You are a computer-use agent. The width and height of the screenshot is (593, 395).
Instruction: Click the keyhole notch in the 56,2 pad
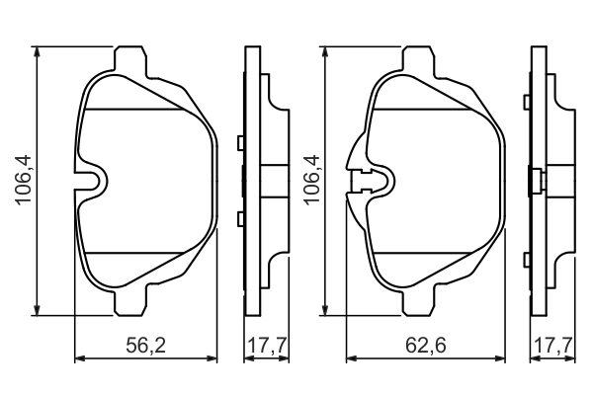click(95, 181)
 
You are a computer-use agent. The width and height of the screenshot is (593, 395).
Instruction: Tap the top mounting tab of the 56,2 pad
click(132, 59)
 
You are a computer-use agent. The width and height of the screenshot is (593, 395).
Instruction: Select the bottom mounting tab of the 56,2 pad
click(132, 303)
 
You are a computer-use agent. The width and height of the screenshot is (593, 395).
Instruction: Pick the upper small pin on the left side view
click(240, 144)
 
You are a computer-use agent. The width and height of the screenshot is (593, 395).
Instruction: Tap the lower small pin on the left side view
click(240, 217)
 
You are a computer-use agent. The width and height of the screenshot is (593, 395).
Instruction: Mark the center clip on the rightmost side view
click(534, 182)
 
